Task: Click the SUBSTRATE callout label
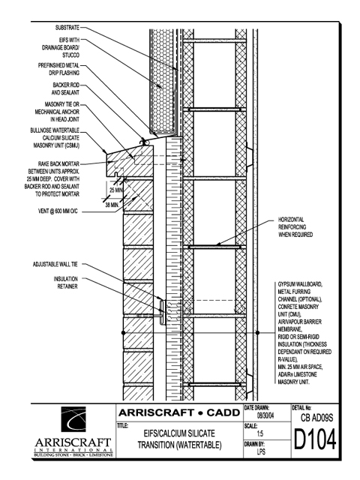[67, 28]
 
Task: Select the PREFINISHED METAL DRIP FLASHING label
[58, 69]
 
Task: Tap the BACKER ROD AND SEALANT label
[65, 88]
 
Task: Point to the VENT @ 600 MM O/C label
[58, 211]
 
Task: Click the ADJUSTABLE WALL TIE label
[55, 264]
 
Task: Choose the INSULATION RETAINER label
[66, 283]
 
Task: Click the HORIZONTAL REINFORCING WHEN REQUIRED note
[295, 227]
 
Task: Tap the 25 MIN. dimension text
[116, 190]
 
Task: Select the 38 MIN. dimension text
[112, 205]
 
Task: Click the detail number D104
[315, 439]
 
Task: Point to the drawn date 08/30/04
[265, 416]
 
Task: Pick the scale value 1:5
[260, 433]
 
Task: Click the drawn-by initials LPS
[261, 451]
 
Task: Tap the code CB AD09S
[316, 418]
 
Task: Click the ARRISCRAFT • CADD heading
[179, 412]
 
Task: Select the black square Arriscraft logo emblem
[73, 419]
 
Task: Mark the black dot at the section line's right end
[257, 333]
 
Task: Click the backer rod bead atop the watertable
[142, 142]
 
